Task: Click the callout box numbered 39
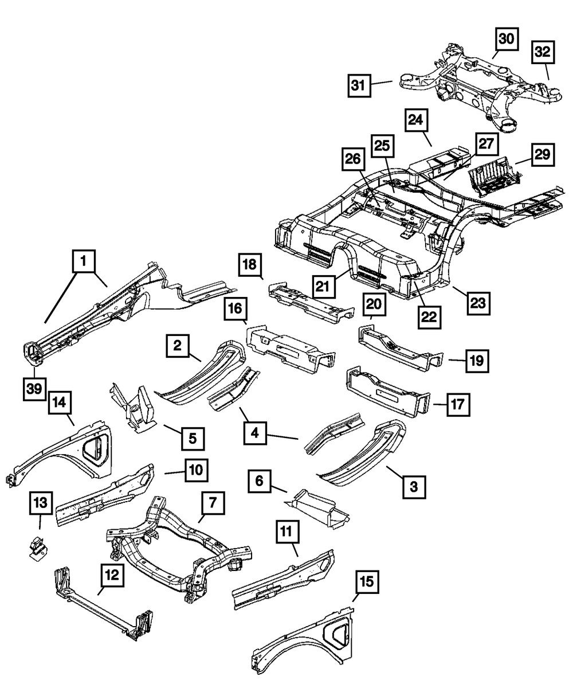click(34, 389)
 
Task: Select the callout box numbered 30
click(507, 39)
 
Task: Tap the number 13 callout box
click(41, 503)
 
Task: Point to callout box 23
click(478, 303)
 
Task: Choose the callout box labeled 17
click(458, 405)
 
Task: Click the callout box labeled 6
click(259, 482)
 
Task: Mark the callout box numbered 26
click(353, 159)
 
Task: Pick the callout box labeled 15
click(367, 582)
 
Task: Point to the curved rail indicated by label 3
click(362, 453)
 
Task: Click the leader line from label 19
click(457, 361)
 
